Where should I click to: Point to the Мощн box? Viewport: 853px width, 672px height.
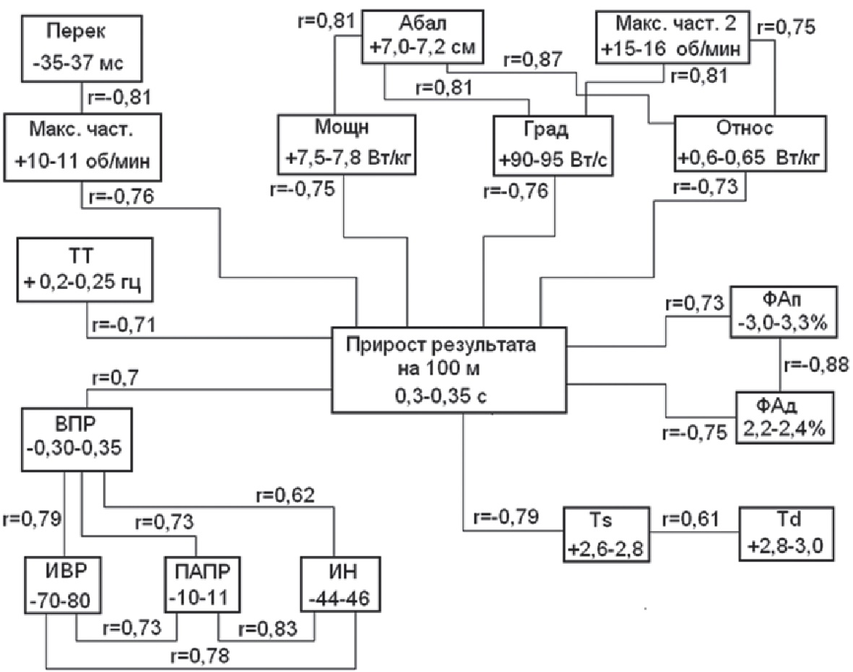point(342,145)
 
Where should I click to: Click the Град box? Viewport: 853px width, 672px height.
point(553,145)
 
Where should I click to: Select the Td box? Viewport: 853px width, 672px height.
point(785,535)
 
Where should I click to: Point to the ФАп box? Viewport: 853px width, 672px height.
point(784,314)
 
